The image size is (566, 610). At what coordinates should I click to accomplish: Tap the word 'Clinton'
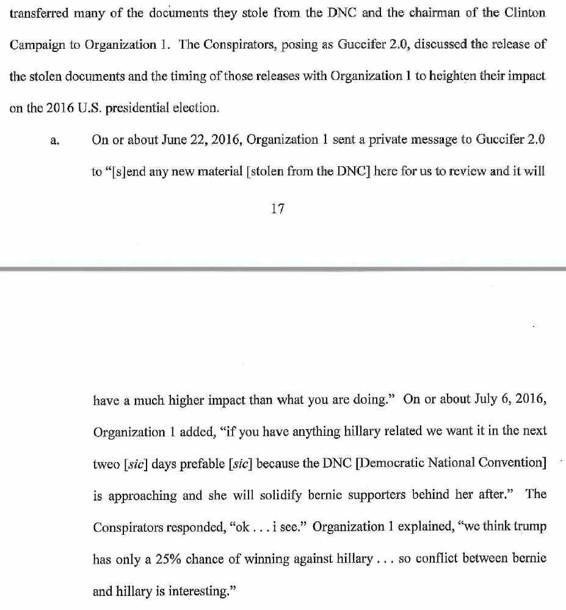pyautogui.click(x=524, y=13)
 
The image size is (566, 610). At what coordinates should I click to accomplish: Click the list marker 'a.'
pyautogui.click(x=54, y=141)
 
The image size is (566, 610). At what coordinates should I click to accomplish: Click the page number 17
pyautogui.click(x=277, y=209)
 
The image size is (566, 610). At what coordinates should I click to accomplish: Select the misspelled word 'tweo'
pyautogui.click(x=106, y=463)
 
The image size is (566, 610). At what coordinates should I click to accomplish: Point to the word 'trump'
pyautogui.click(x=529, y=527)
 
